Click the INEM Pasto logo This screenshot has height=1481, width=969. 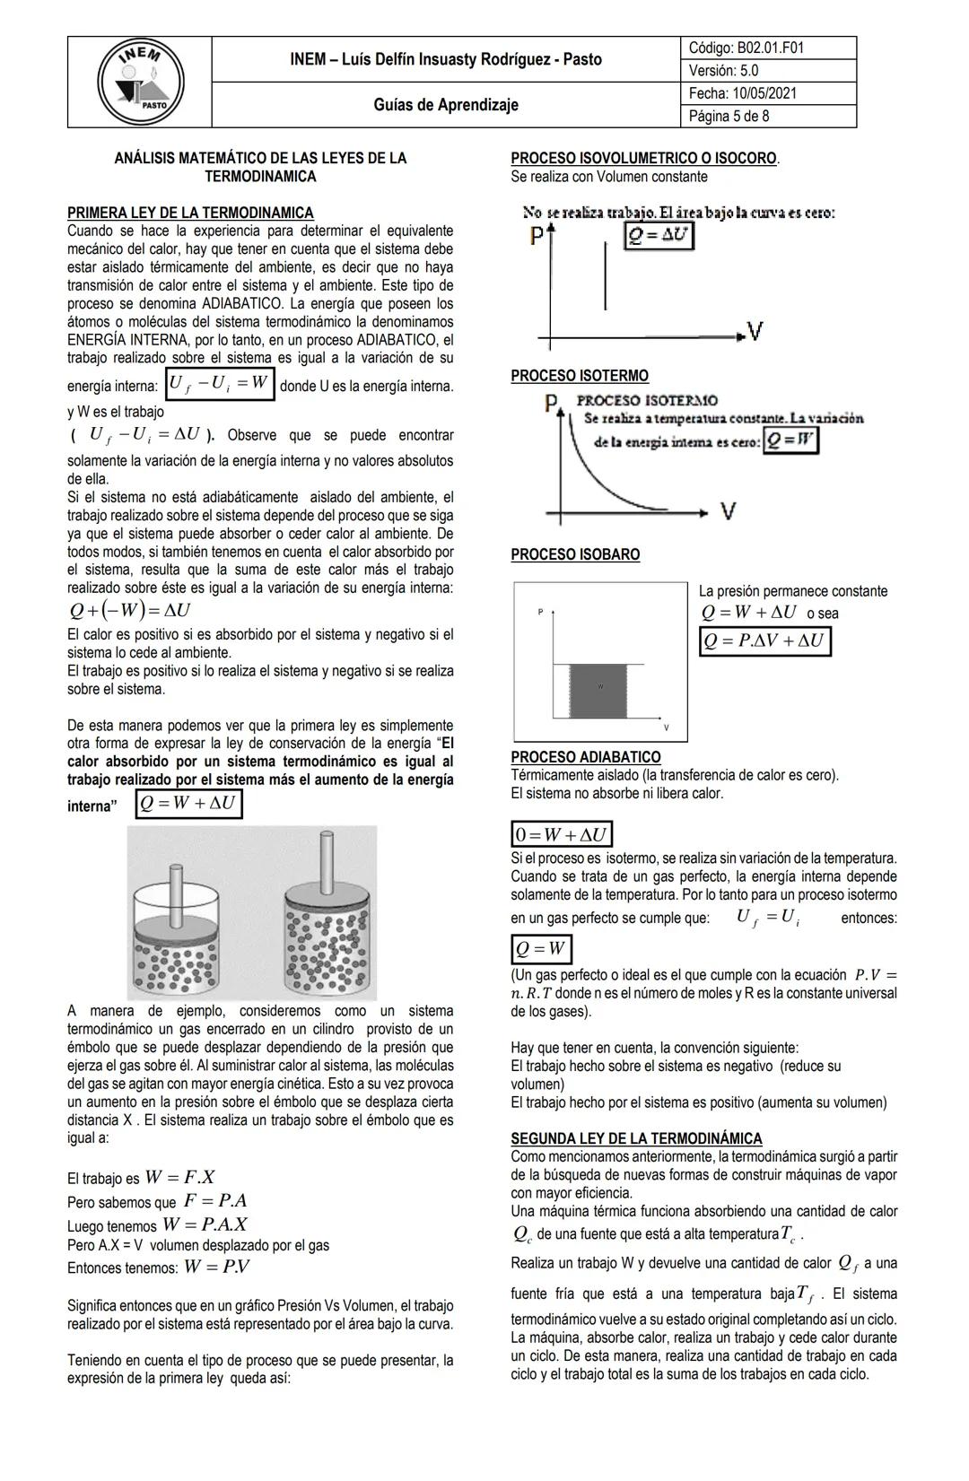140,83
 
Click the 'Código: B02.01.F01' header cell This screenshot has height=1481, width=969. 745,48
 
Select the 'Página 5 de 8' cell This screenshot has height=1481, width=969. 729,117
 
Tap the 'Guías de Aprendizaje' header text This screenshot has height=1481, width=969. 446,105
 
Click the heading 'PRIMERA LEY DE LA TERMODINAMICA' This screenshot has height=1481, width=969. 190,213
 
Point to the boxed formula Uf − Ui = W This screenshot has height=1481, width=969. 219,384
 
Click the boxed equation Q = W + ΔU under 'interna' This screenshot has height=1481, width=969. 189,803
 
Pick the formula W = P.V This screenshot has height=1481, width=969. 217,1267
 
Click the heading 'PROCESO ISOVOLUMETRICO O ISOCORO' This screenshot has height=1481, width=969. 643,158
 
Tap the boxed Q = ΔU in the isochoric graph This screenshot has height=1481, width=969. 659,235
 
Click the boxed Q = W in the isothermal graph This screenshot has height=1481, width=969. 790,440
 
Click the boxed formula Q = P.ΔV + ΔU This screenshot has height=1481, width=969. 764,640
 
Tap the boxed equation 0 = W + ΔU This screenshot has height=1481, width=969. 562,834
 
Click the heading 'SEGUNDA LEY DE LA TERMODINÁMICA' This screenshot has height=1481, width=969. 636,1138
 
